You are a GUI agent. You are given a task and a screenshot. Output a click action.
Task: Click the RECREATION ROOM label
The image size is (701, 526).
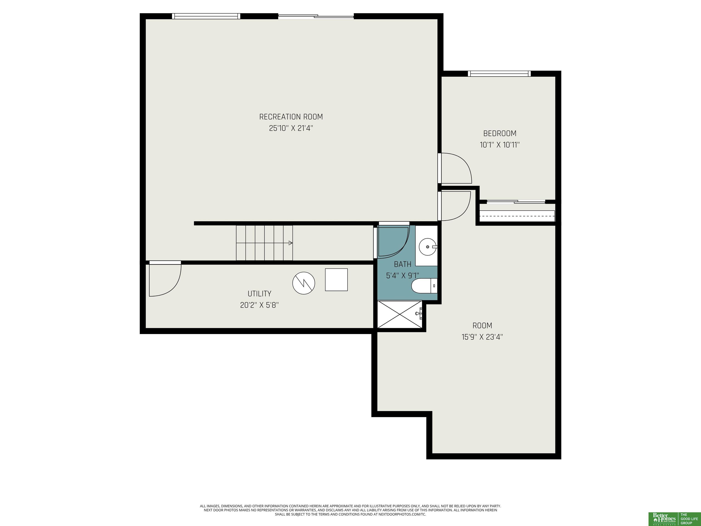click(291, 117)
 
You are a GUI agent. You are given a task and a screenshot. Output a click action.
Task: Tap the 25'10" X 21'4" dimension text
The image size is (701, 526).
click(291, 128)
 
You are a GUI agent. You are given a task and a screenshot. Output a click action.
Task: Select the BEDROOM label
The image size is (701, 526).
click(500, 134)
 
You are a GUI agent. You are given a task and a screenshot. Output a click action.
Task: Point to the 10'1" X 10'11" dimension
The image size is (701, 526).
click(500, 145)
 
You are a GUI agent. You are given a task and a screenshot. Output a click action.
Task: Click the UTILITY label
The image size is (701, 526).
click(259, 294)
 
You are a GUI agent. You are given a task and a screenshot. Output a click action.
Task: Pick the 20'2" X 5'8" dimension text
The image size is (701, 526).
click(259, 305)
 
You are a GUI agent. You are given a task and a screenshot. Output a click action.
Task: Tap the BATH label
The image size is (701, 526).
click(403, 264)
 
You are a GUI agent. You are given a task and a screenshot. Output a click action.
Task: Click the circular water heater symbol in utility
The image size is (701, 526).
click(303, 283)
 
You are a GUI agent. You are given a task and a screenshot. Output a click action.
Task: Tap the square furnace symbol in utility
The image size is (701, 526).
click(336, 280)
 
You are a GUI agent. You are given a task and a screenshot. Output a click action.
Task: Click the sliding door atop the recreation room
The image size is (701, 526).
click(316, 16)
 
